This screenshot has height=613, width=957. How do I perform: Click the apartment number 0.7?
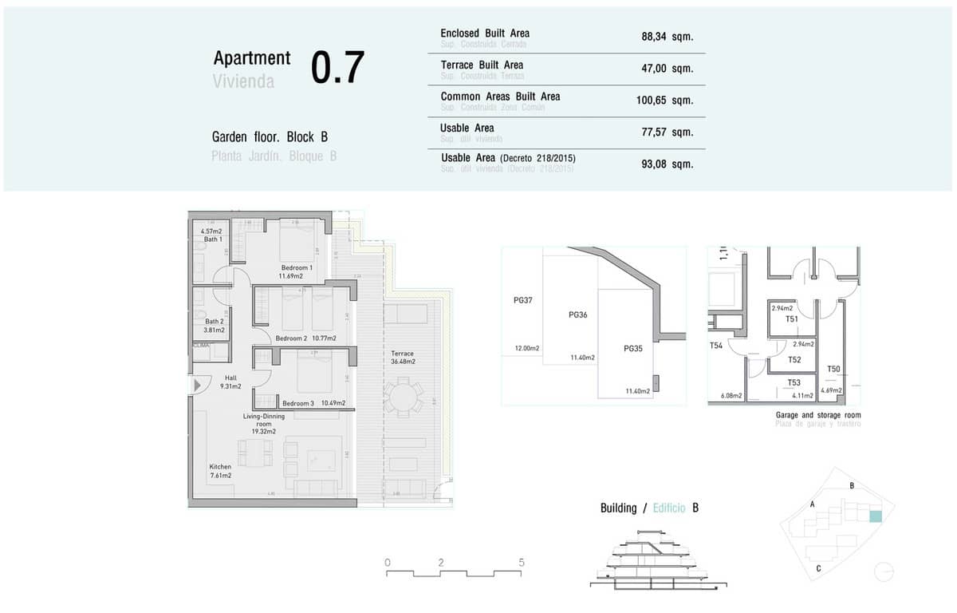coord(337,68)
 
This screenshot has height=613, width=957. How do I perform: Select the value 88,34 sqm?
coord(667,37)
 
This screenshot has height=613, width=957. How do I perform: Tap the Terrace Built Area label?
coord(482,65)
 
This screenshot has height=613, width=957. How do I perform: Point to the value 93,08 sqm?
coord(667,164)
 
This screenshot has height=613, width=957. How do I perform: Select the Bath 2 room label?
coord(214,322)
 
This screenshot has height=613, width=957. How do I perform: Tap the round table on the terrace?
coord(404,397)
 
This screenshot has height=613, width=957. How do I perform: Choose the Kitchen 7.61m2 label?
coord(220,471)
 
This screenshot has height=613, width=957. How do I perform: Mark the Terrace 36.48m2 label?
coord(403,357)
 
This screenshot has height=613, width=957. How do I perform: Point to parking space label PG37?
coord(523,301)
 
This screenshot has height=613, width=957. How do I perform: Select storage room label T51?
coord(792,319)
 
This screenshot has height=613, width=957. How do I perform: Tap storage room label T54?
coord(716,346)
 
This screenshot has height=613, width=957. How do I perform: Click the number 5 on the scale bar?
coord(522,563)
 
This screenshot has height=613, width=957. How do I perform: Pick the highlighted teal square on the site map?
coord(876,516)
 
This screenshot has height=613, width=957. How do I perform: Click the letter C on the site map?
coord(819,568)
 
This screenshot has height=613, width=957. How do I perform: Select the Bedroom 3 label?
coord(297,404)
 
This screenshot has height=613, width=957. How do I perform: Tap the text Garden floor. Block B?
coord(270,136)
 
